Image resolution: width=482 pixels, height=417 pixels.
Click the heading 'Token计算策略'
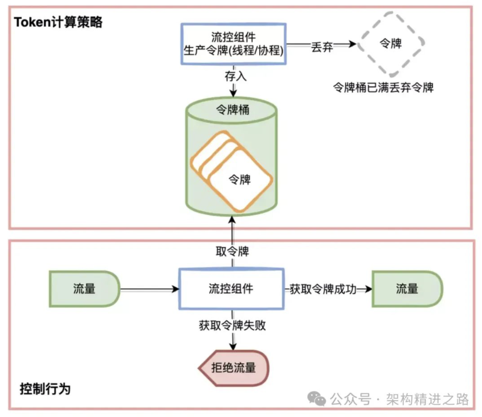pyautogui.click(x=58, y=22)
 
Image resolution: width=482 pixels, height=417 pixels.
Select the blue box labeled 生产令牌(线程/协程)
pyautogui.click(x=233, y=44)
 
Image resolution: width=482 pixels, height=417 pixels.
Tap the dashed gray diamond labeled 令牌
pyautogui.click(x=391, y=43)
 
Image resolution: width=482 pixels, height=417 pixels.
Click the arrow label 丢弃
pyautogui.click(x=322, y=47)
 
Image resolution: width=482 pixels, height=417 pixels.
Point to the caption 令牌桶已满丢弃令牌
pyautogui.click(x=383, y=88)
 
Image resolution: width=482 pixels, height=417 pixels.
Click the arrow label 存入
pyautogui.click(x=235, y=76)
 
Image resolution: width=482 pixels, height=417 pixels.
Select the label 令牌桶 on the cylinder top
pyautogui.click(x=233, y=110)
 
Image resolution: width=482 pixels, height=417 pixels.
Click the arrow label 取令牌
pyautogui.click(x=232, y=252)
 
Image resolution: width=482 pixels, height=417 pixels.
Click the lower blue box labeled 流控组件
pyautogui.click(x=231, y=289)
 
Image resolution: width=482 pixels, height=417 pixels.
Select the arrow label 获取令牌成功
pyautogui.click(x=323, y=289)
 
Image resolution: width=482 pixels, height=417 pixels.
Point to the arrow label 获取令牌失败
pyautogui.click(x=232, y=325)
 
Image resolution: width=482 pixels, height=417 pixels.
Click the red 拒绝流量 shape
pyautogui.click(x=234, y=367)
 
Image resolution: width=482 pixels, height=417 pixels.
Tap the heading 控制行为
pyautogui.click(x=45, y=389)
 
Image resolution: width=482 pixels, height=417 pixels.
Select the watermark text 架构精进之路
pyautogui.click(x=427, y=399)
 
